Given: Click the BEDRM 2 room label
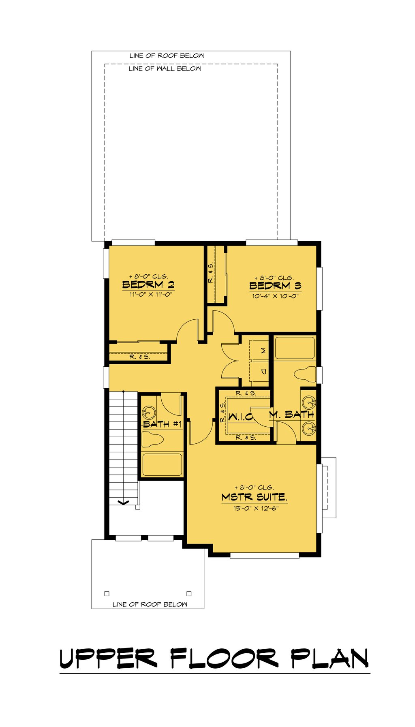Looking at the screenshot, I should (148, 284).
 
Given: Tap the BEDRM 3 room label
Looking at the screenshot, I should (275, 286).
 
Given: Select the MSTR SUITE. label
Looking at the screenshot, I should (255, 497).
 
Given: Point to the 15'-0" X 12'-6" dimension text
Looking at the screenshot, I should (256, 509).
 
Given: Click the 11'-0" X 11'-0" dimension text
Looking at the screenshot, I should (151, 295).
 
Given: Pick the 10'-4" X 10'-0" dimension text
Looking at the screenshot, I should (275, 296).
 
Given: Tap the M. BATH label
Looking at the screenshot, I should (292, 414).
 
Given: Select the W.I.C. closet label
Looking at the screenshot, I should (240, 417).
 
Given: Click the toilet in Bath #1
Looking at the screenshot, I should (152, 439).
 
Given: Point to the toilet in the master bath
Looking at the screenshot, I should (305, 374).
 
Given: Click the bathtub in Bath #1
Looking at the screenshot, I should (162, 464).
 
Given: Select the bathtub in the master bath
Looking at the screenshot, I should (295, 348).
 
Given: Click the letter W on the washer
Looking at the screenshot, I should (263, 351).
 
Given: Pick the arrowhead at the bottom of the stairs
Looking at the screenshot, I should (123, 503).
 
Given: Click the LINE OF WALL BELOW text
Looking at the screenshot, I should (165, 68).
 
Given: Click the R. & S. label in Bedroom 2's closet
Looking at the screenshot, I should (140, 357).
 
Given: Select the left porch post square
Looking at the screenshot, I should (107, 594).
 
